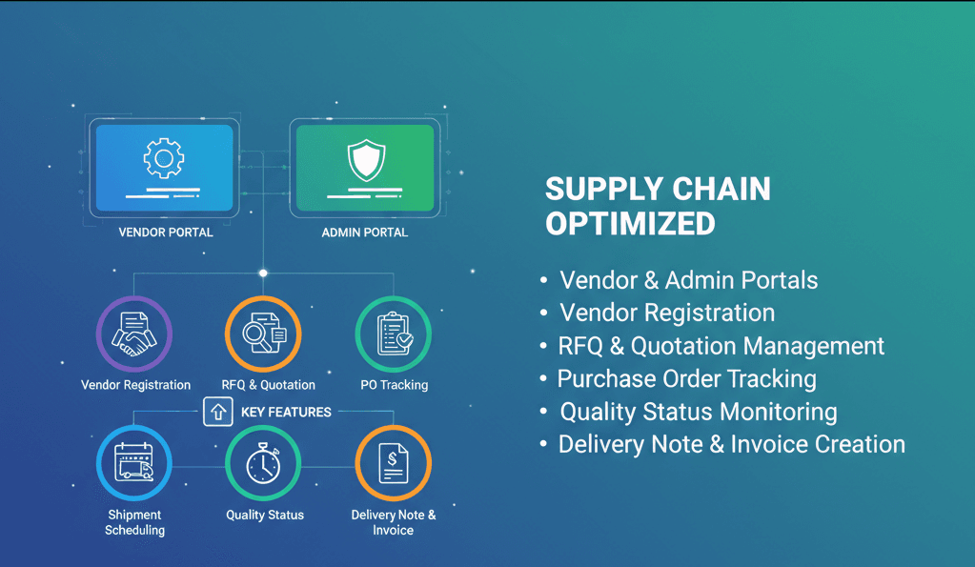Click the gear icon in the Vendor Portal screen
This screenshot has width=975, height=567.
pyautogui.click(x=162, y=158)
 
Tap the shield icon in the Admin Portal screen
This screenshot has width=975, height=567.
pyautogui.click(x=364, y=159)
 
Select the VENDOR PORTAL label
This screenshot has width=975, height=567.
pyautogui.click(x=166, y=233)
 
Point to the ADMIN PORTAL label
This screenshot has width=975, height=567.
pyautogui.click(x=364, y=233)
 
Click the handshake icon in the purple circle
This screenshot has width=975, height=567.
pyautogui.click(x=134, y=334)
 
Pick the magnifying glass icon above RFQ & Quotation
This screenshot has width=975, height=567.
pyautogui.click(x=262, y=334)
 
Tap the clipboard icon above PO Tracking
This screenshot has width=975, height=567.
pyautogui.click(x=393, y=334)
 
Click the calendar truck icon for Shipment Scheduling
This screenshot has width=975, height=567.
pyautogui.click(x=134, y=464)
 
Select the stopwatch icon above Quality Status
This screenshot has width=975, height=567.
pyautogui.click(x=263, y=464)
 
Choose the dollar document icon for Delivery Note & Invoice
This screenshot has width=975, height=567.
pyautogui.click(x=393, y=464)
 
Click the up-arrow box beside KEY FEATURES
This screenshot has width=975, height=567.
pyautogui.click(x=218, y=412)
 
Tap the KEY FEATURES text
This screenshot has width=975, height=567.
pyautogui.click(x=286, y=413)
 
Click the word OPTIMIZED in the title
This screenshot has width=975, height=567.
pyautogui.click(x=630, y=223)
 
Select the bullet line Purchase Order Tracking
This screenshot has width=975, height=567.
pyautogui.click(x=686, y=378)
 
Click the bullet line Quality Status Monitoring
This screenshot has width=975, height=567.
pyautogui.click(x=698, y=412)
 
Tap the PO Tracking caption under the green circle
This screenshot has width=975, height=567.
pyautogui.click(x=394, y=385)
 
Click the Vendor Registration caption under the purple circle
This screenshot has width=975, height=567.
pyautogui.click(x=135, y=385)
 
